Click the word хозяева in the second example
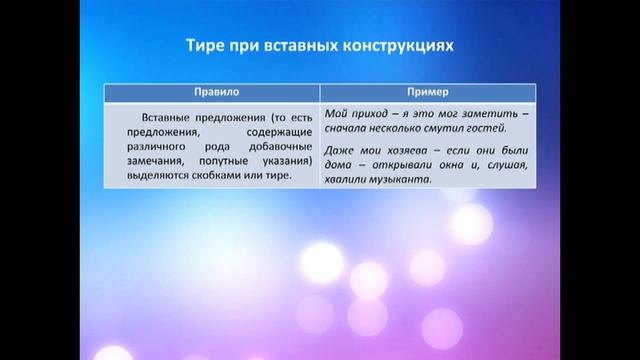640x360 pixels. [407, 150]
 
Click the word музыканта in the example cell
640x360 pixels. [396, 181]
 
